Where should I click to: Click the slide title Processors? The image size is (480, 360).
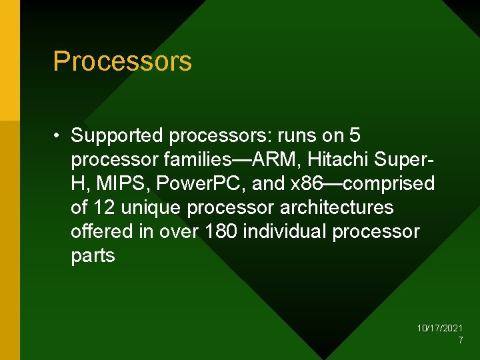122,61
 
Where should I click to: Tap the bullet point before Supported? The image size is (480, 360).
59,136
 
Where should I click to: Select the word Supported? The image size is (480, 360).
117,135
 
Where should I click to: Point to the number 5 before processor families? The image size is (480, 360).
355,135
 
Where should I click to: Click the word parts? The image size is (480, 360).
93,255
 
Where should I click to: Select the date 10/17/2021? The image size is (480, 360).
440,328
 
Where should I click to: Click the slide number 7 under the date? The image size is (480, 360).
460,340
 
